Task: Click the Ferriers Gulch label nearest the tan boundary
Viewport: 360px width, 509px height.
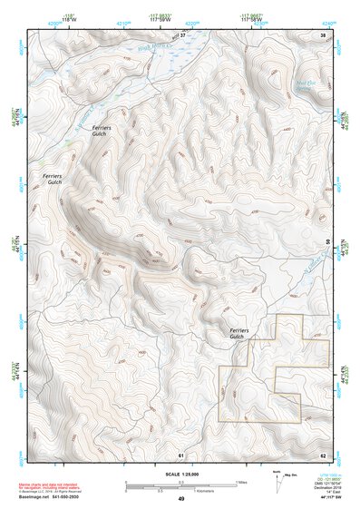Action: coord(238,333)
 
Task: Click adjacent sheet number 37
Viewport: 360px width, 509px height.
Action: coord(181,35)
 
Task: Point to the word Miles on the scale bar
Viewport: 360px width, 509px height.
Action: coord(241,481)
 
